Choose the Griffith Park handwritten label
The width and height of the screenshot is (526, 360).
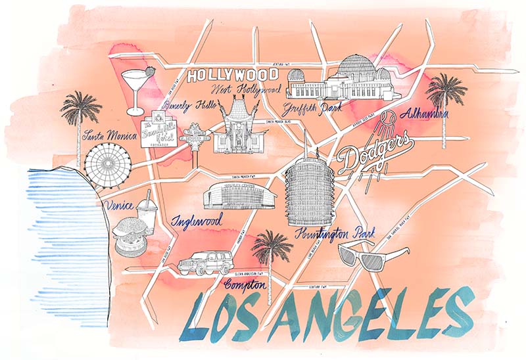312,108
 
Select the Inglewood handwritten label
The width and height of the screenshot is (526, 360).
197,220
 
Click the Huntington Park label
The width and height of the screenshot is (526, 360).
335,233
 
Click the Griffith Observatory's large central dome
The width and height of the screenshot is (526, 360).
356,69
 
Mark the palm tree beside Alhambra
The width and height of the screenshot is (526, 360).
446,99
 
